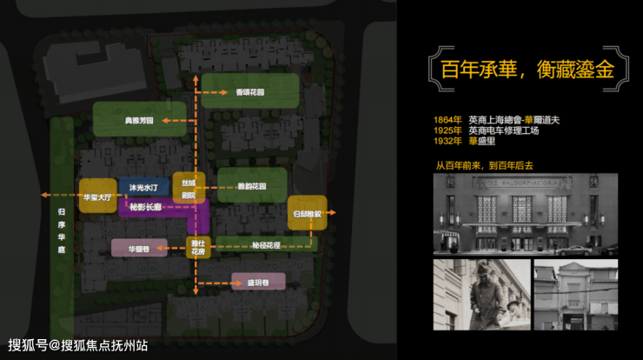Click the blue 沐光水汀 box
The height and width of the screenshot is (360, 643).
143,187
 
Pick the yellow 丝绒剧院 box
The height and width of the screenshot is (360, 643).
189,187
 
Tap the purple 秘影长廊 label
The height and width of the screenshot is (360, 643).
146,208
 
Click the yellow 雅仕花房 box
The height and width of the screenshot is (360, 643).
198,248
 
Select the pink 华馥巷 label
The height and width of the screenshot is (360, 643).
139,248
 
